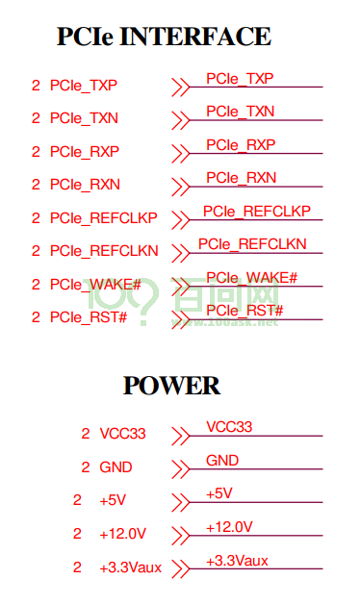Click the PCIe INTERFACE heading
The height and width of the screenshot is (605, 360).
tap(164, 37)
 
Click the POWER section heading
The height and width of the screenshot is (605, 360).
tap(171, 385)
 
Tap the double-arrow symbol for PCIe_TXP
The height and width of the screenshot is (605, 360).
tap(180, 88)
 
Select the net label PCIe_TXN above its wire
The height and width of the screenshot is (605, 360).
tap(240, 112)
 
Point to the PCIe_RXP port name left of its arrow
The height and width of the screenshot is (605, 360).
tap(84, 152)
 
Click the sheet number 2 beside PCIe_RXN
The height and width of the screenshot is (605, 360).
tap(36, 185)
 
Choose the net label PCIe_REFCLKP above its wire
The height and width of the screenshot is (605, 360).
tap(256, 211)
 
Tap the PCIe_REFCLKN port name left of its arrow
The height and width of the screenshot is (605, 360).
tap(104, 251)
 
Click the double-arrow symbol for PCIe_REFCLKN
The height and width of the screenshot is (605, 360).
tap(180, 253)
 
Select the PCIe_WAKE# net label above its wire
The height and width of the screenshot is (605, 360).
tap(251, 277)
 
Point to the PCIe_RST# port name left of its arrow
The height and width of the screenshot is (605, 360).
tap(89, 317)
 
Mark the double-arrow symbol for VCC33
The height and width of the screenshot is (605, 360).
tap(180, 436)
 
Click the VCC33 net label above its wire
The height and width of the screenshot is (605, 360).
tap(229, 427)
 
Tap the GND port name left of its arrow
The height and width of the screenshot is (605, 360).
tap(116, 467)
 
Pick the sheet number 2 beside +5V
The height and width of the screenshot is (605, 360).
tap(77, 500)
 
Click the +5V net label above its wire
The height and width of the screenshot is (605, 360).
tap(219, 493)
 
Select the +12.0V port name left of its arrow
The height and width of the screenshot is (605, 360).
tap(122, 534)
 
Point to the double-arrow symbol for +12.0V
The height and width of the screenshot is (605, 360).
tap(180, 536)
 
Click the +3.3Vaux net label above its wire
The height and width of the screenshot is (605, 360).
tap(237, 560)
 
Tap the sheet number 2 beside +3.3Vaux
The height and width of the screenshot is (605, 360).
tap(77, 567)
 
